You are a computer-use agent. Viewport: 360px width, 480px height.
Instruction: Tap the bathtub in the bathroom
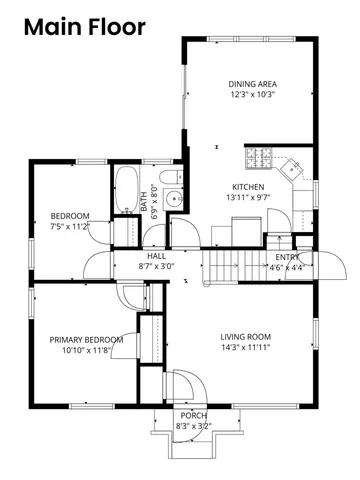[126, 189]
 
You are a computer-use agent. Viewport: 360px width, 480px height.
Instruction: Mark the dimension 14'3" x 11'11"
[246, 349]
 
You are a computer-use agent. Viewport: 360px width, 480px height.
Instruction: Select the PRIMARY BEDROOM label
[86, 340]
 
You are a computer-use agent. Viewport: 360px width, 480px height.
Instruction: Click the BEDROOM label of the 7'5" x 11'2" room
[70, 215]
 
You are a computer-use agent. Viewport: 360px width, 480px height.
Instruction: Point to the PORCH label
[193, 414]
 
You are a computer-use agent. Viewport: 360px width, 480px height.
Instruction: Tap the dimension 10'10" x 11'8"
[86, 351]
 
